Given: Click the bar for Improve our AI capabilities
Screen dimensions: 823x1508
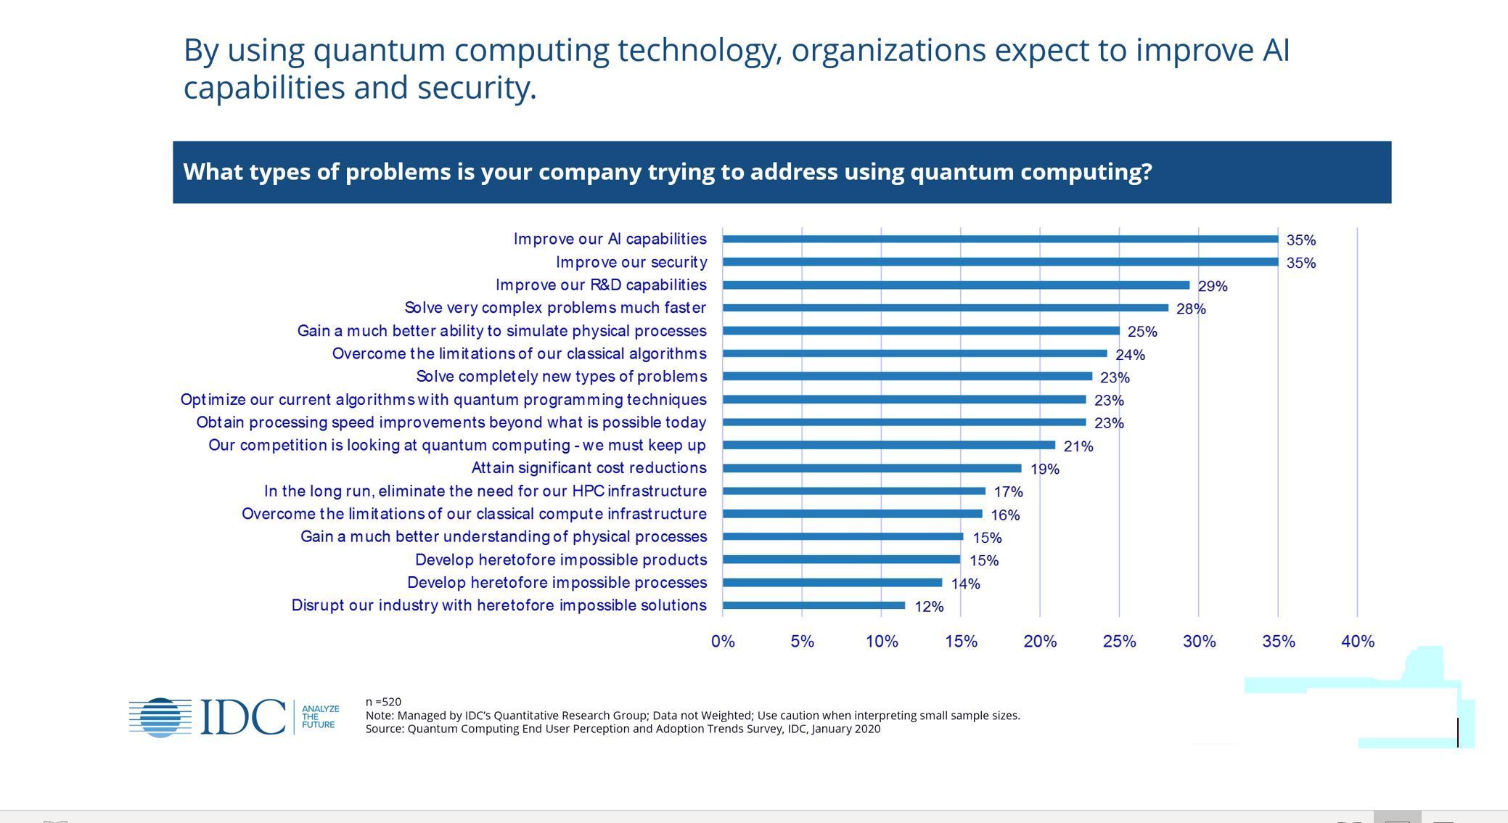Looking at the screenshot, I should coord(1000,239).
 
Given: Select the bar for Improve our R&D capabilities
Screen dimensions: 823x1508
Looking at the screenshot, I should coord(956,285).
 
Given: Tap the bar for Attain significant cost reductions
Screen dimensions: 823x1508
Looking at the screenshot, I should coord(872,468).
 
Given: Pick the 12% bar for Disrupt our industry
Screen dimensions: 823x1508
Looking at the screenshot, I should coord(814,605).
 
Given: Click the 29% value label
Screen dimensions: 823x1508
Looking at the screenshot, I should coord(1213,287).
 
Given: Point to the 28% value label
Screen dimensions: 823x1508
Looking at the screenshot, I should coord(1191,309).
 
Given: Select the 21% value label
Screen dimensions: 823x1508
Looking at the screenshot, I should coord(1078,446).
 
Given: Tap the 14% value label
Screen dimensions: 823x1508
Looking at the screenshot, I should coord(965,584).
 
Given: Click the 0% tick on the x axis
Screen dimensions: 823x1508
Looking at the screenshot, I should coord(723,642).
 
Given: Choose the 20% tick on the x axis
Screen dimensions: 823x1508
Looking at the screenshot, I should coord(1040,642).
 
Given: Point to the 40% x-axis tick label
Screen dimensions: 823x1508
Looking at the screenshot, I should coord(1358,642).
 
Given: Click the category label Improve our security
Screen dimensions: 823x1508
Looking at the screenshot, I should coord(631,262).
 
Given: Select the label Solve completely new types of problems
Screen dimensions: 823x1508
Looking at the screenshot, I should coord(561,377).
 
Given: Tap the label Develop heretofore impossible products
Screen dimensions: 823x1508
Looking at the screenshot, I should coord(560,560).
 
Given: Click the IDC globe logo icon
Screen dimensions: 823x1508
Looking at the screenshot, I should coord(160,717).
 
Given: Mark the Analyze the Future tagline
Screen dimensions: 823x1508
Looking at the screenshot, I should coord(320,716).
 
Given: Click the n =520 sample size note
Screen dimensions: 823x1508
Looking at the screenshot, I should coord(383,702).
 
